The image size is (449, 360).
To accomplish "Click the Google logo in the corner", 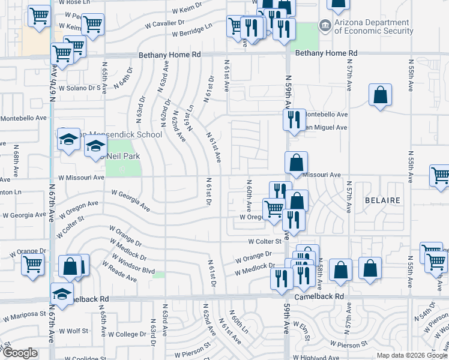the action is click(x=19, y=353).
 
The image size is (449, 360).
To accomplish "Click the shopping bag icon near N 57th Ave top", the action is click(x=381, y=95).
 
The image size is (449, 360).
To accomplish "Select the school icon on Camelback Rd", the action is click(x=62, y=293).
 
